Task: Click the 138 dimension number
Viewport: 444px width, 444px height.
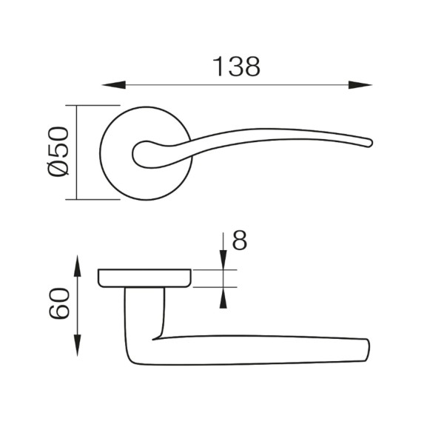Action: tap(236, 67)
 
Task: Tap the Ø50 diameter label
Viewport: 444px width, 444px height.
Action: tap(58, 152)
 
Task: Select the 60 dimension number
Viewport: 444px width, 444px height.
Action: tap(59, 303)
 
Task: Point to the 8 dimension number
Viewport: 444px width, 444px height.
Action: tap(239, 240)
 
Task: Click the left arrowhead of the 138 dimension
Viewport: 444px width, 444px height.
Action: tap(114, 85)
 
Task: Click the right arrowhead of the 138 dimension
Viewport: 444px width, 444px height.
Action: tap(360, 85)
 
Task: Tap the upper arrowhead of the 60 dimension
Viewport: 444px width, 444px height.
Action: tap(77, 266)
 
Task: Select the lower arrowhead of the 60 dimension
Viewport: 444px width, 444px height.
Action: tap(77, 345)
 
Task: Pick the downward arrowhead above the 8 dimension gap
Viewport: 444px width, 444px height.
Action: tap(223, 260)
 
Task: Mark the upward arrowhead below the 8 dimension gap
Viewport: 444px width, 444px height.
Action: tap(223, 298)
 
